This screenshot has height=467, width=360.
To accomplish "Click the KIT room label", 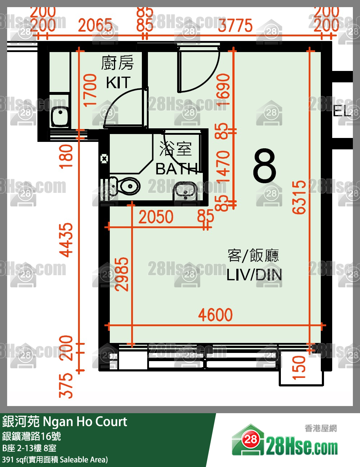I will coord(118,83).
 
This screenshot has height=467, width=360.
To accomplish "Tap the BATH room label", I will coord(177,169).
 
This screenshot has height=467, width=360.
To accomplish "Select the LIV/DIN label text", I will coord(254,275).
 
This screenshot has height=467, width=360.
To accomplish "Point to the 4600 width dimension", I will coord(215,315).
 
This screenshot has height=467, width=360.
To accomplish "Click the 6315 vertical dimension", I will coord(299,197).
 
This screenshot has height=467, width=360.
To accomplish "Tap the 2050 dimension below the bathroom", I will coord(156,217).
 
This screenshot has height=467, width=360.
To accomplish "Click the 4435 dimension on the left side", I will coord(66,240).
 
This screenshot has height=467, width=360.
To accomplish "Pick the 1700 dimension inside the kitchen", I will coord(90,90).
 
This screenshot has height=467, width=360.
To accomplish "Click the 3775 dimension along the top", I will coord(235,26).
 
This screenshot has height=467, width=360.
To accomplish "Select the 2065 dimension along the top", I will coord(95,26).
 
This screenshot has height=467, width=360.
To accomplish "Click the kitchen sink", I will coord(60,116).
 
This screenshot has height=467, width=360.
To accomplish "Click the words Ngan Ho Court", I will coord(85,422).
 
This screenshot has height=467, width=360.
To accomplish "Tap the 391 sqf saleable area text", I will coord(55,460).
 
